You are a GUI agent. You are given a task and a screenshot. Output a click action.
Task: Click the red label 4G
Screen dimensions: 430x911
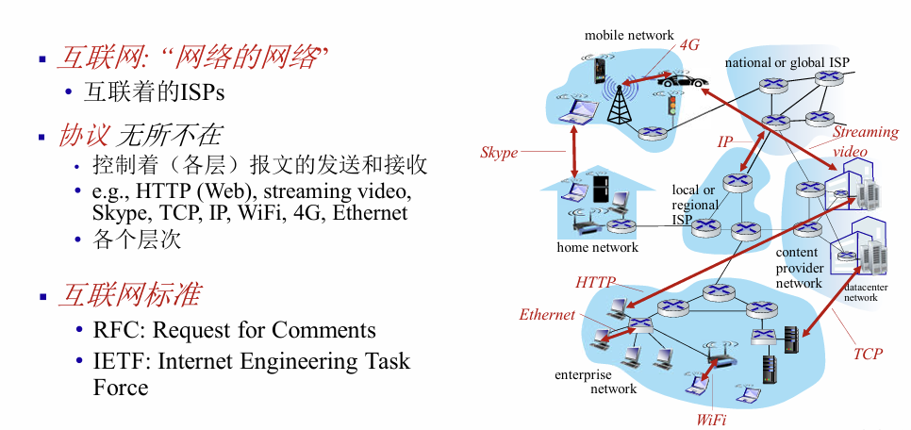tap(690, 43)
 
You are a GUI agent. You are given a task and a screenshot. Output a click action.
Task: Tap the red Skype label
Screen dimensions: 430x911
tap(499, 153)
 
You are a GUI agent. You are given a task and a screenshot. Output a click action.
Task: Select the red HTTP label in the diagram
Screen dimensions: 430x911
tap(596, 282)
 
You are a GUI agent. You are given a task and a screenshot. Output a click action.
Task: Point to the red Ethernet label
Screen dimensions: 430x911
tap(547, 315)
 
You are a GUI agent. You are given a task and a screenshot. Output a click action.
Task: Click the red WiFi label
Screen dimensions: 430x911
tap(711, 419)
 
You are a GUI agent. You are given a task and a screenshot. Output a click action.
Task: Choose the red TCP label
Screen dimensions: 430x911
tap(868, 354)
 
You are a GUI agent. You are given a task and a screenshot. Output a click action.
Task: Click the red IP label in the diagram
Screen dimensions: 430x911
tap(724, 142)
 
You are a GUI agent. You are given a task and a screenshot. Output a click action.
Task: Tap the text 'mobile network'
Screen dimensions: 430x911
tap(630, 35)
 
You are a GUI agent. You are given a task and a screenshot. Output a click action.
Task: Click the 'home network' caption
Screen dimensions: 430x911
tap(598, 248)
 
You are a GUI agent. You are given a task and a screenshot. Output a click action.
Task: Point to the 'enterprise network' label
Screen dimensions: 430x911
tap(596, 382)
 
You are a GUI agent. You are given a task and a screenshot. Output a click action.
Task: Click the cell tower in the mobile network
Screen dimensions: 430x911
tap(619, 102)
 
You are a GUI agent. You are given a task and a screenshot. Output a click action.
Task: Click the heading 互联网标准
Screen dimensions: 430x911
tap(129, 294)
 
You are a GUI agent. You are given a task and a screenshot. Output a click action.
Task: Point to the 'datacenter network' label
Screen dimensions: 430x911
tap(860, 292)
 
